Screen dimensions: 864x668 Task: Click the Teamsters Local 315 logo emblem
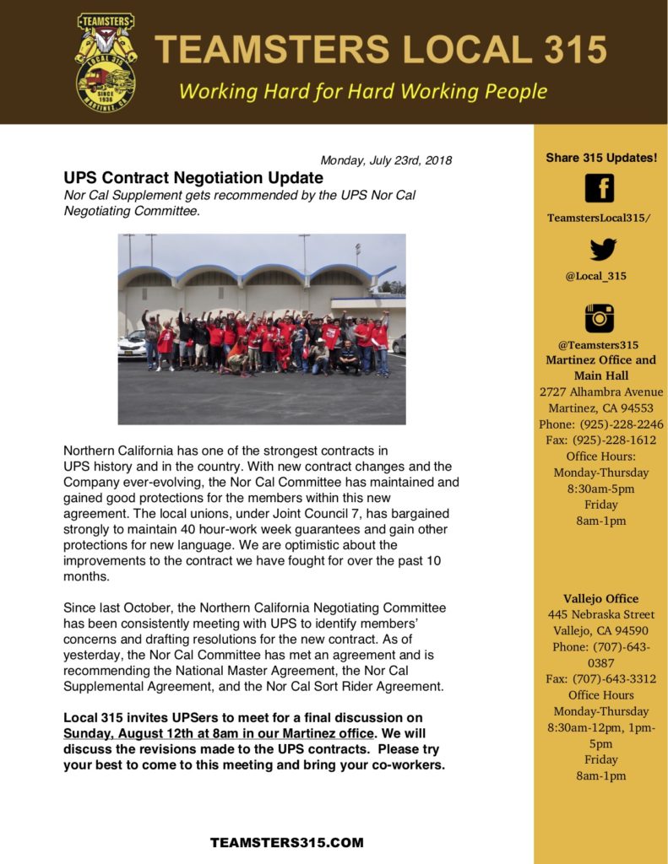106,62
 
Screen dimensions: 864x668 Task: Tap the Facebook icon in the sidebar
600,187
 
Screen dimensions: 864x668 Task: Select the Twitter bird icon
601,250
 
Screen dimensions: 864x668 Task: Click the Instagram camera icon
600,317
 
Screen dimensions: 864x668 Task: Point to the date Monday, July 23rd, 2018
386,160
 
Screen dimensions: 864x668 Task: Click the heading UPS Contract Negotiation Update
193,178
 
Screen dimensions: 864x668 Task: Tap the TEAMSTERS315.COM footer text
287,842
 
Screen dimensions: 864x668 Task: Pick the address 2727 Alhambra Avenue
600,392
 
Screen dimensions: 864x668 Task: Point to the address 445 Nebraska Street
600,614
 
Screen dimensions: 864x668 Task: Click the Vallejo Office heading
600,598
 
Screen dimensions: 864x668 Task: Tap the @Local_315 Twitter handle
600,276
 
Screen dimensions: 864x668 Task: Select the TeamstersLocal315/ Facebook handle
599,218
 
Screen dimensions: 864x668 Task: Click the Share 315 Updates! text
600,158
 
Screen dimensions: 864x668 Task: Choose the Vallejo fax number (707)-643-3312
600,679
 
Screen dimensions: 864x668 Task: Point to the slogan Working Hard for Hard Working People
363,91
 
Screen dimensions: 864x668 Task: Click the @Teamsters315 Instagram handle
600,344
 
